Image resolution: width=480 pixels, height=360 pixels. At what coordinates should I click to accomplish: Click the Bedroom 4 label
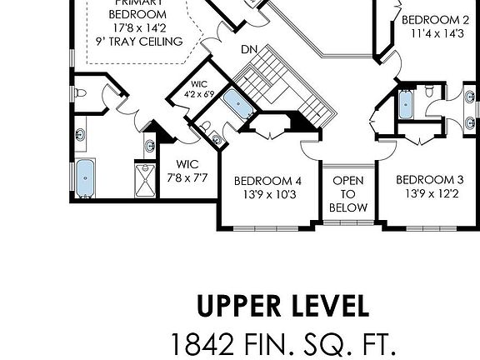[x=267, y=181]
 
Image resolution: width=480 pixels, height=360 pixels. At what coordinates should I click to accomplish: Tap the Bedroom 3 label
[x=429, y=180]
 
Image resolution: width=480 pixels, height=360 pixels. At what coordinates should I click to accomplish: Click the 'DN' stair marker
[x=248, y=50]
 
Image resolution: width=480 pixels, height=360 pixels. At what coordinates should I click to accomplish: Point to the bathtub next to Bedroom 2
[x=405, y=105]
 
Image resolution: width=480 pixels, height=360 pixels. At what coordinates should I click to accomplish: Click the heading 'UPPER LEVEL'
[x=283, y=306]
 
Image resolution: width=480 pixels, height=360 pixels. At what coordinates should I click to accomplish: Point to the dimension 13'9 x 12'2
[x=429, y=195]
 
